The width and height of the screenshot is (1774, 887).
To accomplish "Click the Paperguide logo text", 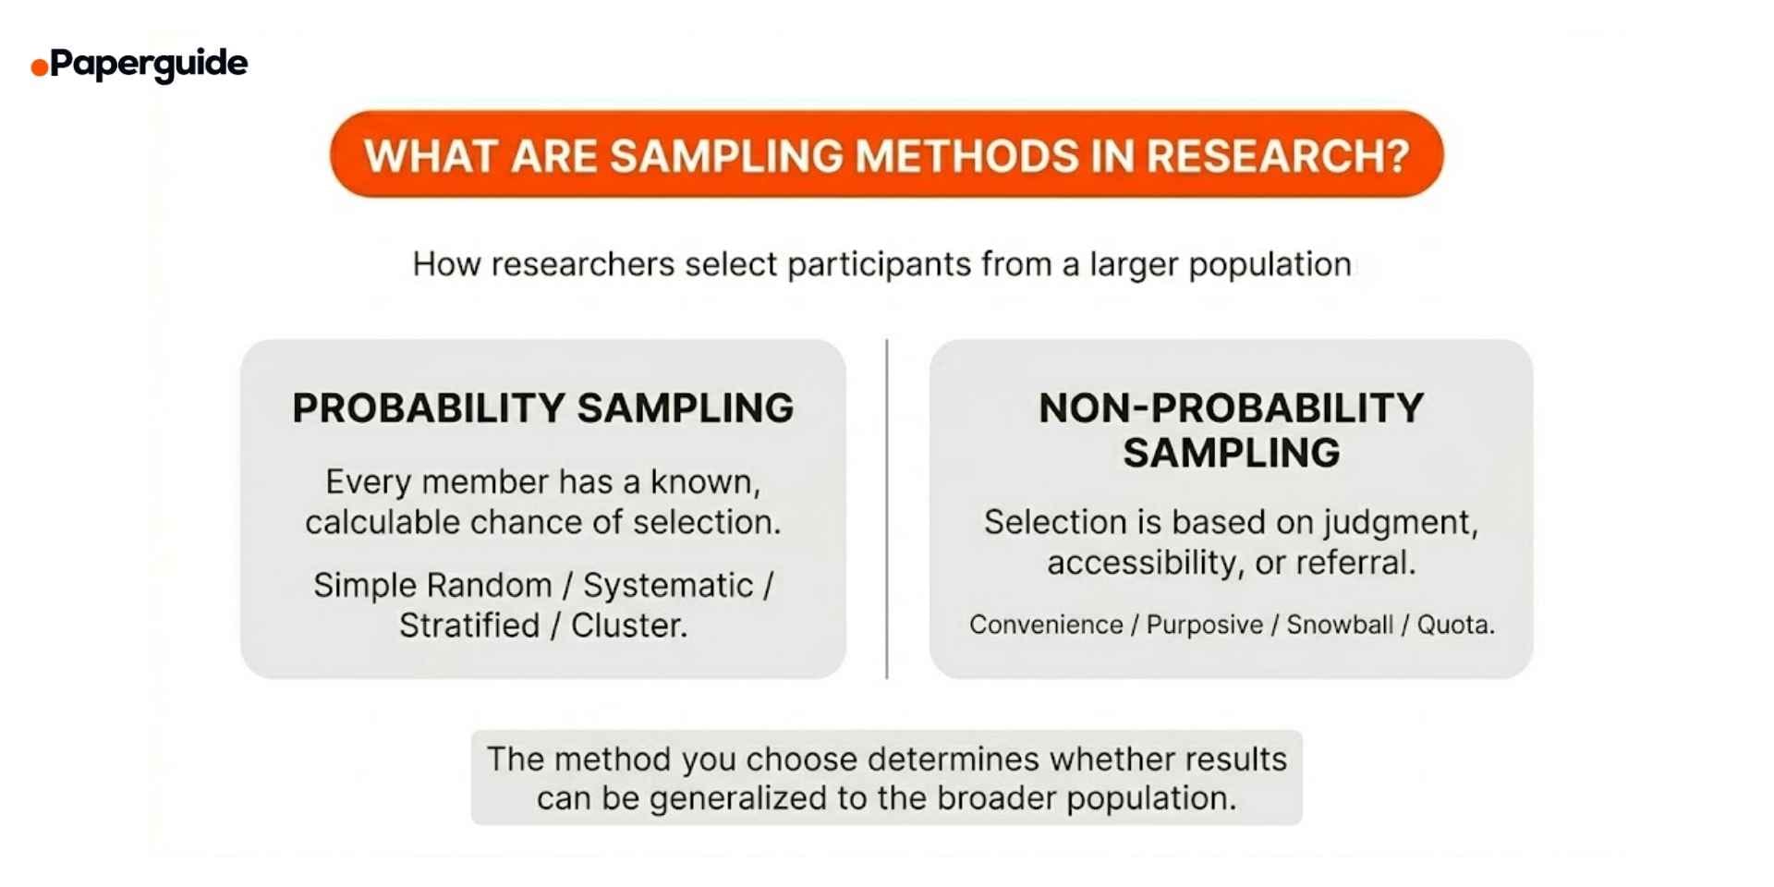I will (149, 63).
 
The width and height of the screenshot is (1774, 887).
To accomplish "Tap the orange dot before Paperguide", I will (39, 67).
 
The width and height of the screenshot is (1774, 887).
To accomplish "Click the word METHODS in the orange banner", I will (966, 155).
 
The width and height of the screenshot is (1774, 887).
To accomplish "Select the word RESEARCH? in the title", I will (1278, 155).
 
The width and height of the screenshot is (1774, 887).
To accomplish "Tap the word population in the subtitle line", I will (1270, 264).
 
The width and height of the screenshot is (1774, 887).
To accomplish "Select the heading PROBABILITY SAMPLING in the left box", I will (542, 407).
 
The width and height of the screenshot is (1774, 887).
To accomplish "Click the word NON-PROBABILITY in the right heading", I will (1231, 407).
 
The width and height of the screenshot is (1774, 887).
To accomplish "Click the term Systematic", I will (668, 585).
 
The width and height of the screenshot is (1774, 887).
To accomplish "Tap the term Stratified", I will (469, 626).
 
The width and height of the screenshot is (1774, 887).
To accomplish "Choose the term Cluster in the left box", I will (628, 626).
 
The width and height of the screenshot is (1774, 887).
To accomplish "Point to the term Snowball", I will (1339, 625).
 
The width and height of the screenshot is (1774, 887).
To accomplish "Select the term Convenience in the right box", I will (1045, 625).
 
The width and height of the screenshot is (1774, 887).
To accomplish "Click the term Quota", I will (1454, 625).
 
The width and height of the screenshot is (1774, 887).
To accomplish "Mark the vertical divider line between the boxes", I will (887, 508).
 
